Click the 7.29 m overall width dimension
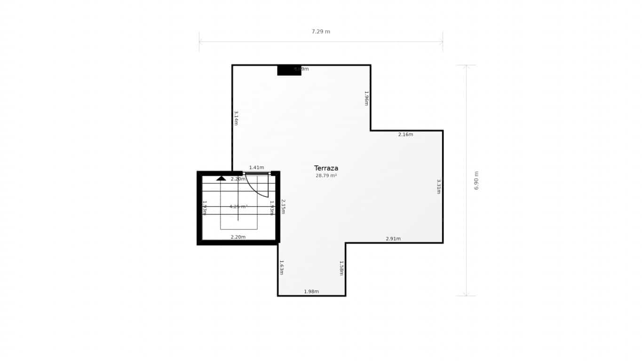[321, 32]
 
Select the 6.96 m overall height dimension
[476, 180]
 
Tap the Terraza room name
[326, 168]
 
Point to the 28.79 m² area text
[326, 176]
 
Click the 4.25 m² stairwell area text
[238, 206]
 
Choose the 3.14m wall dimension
[236, 118]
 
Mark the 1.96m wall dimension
[366, 98]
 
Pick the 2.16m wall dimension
[405, 134]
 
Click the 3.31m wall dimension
[439, 186]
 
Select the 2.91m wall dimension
[393, 239]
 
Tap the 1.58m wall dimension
[341, 268]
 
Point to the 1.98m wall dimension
[311, 291]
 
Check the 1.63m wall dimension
[282, 267]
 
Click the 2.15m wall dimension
[283, 206]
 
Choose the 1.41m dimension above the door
[256, 168]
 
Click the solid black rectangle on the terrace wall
[289, 71]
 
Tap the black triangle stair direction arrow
[221, 178]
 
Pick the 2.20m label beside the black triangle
[238, 179]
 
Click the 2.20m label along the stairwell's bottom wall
[238, 237]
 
